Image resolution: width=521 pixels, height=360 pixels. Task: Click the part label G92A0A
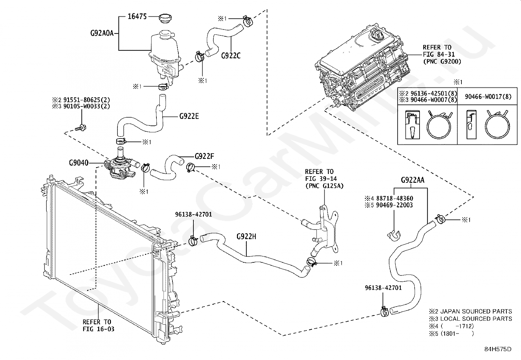coord(102,33)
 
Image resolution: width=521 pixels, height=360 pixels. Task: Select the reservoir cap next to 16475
coord(165,18)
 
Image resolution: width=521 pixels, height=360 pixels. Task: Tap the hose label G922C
coord(231,56)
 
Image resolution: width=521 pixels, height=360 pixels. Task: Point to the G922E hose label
coord(189,116)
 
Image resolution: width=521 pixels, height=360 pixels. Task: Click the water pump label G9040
coord(79,162)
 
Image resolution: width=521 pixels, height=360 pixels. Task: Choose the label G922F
coord(205,156)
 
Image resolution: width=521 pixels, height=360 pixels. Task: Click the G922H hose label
coord(246,237)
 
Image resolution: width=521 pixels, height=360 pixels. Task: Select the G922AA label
coord(413,180)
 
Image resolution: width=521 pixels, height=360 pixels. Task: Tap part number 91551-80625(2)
coord(87,100)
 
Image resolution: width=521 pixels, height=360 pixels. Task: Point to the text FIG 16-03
coord(99,329)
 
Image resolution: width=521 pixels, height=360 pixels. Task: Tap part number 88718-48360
coord(395,199)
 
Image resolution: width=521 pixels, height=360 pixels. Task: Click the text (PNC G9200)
coord(442,62)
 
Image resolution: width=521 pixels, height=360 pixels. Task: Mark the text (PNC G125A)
coord(324,186)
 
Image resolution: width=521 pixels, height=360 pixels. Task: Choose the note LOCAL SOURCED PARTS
coord(476,319)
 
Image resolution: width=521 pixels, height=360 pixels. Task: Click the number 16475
coord(137,16)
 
